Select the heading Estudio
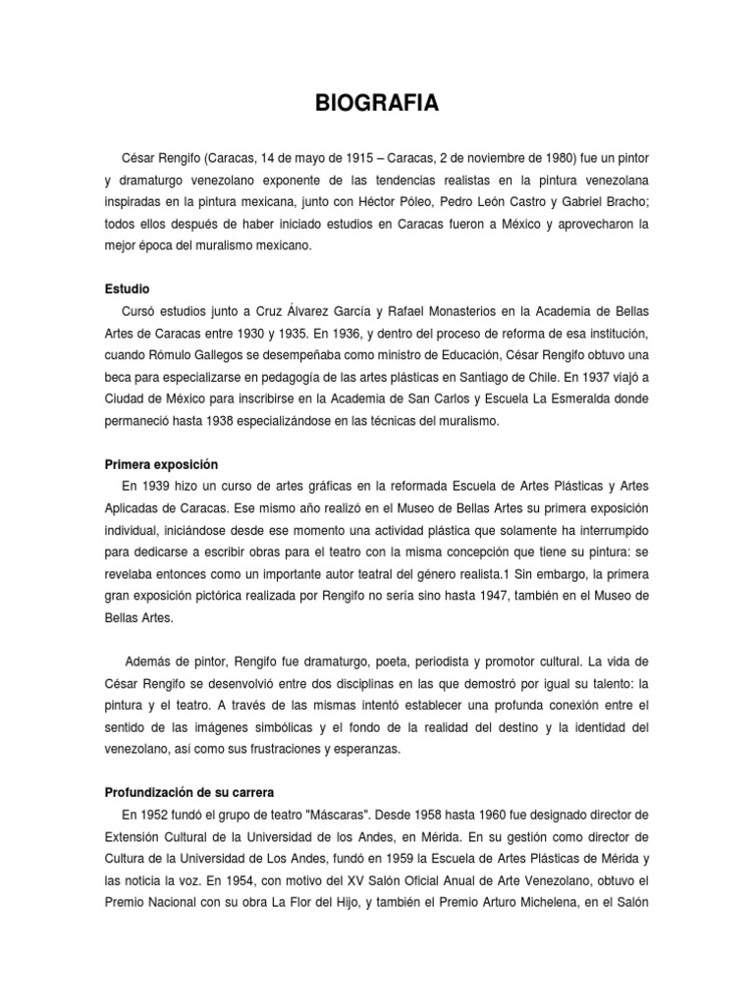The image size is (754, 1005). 127,290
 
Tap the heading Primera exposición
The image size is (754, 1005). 161,463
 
